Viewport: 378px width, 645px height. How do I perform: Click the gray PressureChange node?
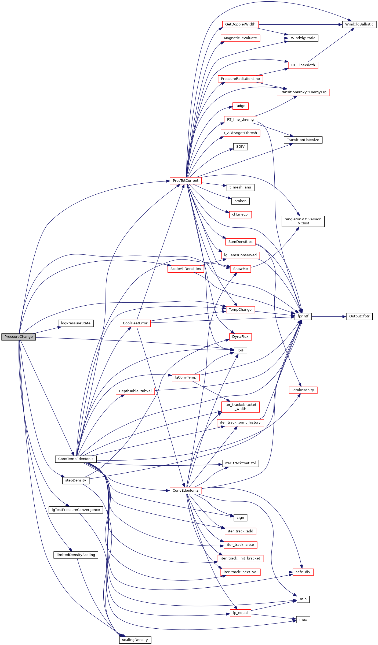(x=19, y=337)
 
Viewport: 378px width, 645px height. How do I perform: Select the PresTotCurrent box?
(x=186, y=181)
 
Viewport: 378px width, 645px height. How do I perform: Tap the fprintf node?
(x=303, y=316)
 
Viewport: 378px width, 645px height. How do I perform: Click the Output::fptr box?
(x=359, y=316)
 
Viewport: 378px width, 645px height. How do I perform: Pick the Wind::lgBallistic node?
(x=359, y=24)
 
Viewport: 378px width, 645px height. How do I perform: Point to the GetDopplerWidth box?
(x=240, y=24)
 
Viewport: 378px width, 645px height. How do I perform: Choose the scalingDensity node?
(x=135, y=640)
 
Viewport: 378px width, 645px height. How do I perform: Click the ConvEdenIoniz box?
(x=186, y=490)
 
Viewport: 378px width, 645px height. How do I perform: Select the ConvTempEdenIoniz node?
(x=76, y=459)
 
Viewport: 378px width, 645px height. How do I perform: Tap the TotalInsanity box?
(x=303, y=390)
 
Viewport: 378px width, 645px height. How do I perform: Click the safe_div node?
(x=303, y=572)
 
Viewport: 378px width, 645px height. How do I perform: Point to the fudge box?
(x=240, y=106)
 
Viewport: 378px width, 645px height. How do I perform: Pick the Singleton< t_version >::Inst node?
(x=303, y=221)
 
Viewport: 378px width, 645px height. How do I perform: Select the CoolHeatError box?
(x=135, y=323)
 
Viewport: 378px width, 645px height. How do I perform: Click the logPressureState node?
(x=76, y=323)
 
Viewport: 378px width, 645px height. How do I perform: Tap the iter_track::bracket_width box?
(x=240, y=407)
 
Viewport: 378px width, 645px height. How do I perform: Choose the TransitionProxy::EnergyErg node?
(x=303, y=92)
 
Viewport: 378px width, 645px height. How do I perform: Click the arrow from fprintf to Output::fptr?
(x=329, y=317)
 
